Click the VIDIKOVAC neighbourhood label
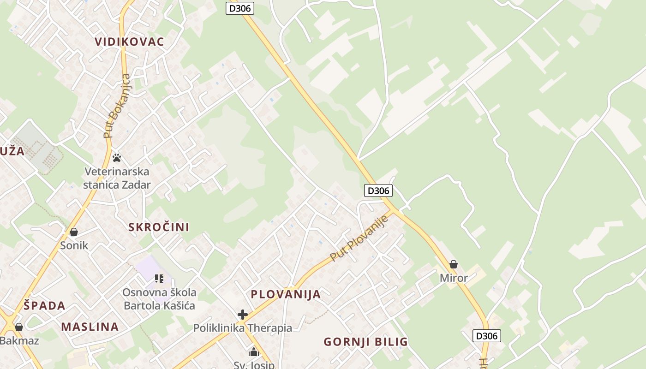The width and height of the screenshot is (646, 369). tap(129, 42)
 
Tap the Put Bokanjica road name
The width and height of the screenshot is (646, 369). tap(117, 106)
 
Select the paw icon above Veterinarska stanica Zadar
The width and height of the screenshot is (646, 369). tap(117, 158)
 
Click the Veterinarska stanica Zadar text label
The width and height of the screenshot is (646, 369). tap(117, 179)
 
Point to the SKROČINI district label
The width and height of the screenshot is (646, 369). tap(159, 227)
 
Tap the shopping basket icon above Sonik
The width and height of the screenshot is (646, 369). tap(74, 232)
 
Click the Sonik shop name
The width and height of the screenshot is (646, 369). tap(74, 245)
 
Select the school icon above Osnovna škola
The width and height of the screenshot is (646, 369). tap(159, 279)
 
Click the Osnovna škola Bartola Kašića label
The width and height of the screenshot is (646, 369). tap(159, 299)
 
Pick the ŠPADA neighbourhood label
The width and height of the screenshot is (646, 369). tap(44, 305)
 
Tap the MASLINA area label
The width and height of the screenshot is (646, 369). tap(90, 327)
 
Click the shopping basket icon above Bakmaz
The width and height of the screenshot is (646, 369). tap(19, 327)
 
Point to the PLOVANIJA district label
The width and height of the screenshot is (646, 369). tap(285, 294)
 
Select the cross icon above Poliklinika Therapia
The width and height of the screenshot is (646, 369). tap(243, 315)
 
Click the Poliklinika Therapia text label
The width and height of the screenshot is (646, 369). tap(243, 328)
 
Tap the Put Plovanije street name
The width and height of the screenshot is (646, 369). tap(360, 238)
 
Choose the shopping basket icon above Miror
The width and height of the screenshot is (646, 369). tap(454, 264)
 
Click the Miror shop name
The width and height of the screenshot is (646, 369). tap(454, 278)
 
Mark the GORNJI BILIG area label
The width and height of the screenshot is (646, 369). tap(365, 342)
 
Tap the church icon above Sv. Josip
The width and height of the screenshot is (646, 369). tap(254, 353)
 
